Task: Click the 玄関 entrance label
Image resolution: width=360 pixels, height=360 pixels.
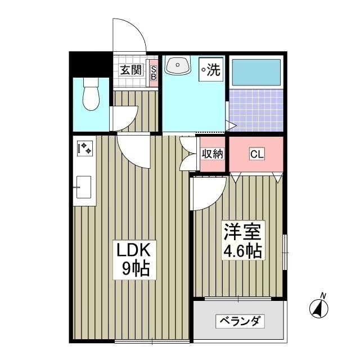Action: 130,71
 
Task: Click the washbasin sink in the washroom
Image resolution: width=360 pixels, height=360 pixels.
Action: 177,67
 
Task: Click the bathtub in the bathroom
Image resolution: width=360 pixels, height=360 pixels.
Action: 256,73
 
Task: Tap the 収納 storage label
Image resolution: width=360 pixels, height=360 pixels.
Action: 213,154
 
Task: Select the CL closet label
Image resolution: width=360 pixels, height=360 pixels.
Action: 256,154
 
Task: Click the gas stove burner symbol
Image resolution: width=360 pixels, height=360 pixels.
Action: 84,149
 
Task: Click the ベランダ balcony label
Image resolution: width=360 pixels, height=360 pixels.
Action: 239,322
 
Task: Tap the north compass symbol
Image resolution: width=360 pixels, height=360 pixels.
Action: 320,307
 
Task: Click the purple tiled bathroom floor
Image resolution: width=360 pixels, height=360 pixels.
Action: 256,110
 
